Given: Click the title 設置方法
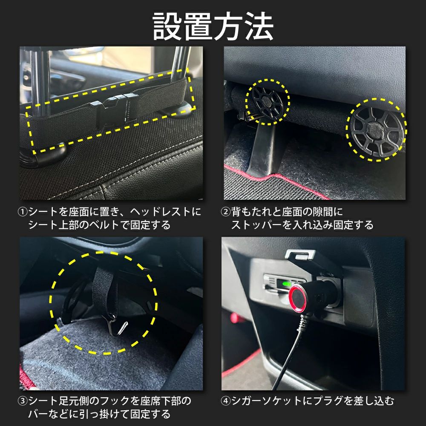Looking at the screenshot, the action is click(x=213, y=26).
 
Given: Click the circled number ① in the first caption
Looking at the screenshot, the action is click(x=23, y=212).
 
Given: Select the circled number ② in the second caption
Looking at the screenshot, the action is click(x=226, y=212).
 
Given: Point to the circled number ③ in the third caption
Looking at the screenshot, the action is click(x=23, y=401).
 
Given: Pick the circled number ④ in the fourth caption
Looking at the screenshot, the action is click(x=226, y=401).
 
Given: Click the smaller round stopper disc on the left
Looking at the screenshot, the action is click(x=268, y=102).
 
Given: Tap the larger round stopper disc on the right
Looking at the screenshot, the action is click(x=377, y=130).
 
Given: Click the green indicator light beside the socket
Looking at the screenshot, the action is click(x=286, y=284).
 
